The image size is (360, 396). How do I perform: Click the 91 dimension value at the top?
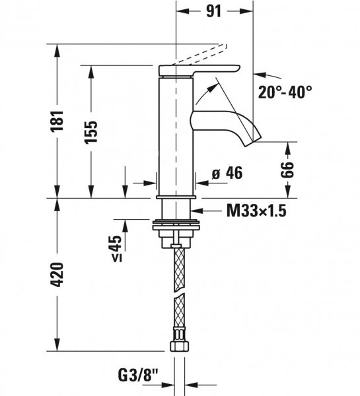point(213,11)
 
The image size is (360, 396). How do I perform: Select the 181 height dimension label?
point(57,121)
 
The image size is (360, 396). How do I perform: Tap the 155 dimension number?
point(91,132)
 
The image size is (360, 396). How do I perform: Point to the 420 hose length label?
point(57,275)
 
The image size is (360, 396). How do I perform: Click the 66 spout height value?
point(288,169)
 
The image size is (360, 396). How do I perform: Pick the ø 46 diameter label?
point(227,173)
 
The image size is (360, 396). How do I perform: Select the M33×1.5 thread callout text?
point(256,211)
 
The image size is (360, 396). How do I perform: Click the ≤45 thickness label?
point(116,248)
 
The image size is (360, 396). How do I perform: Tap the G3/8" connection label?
point(138,375)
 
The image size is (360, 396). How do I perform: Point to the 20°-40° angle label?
point(285,92)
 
